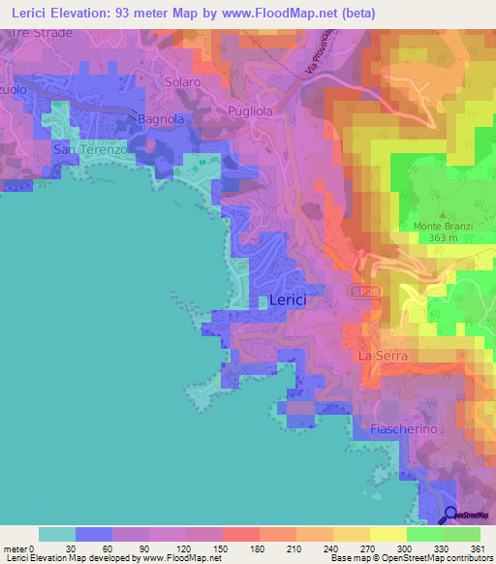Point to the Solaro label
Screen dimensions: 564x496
182,82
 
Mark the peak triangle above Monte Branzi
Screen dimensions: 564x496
442,214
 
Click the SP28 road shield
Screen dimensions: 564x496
360,292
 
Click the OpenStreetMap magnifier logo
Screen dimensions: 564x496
450,515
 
